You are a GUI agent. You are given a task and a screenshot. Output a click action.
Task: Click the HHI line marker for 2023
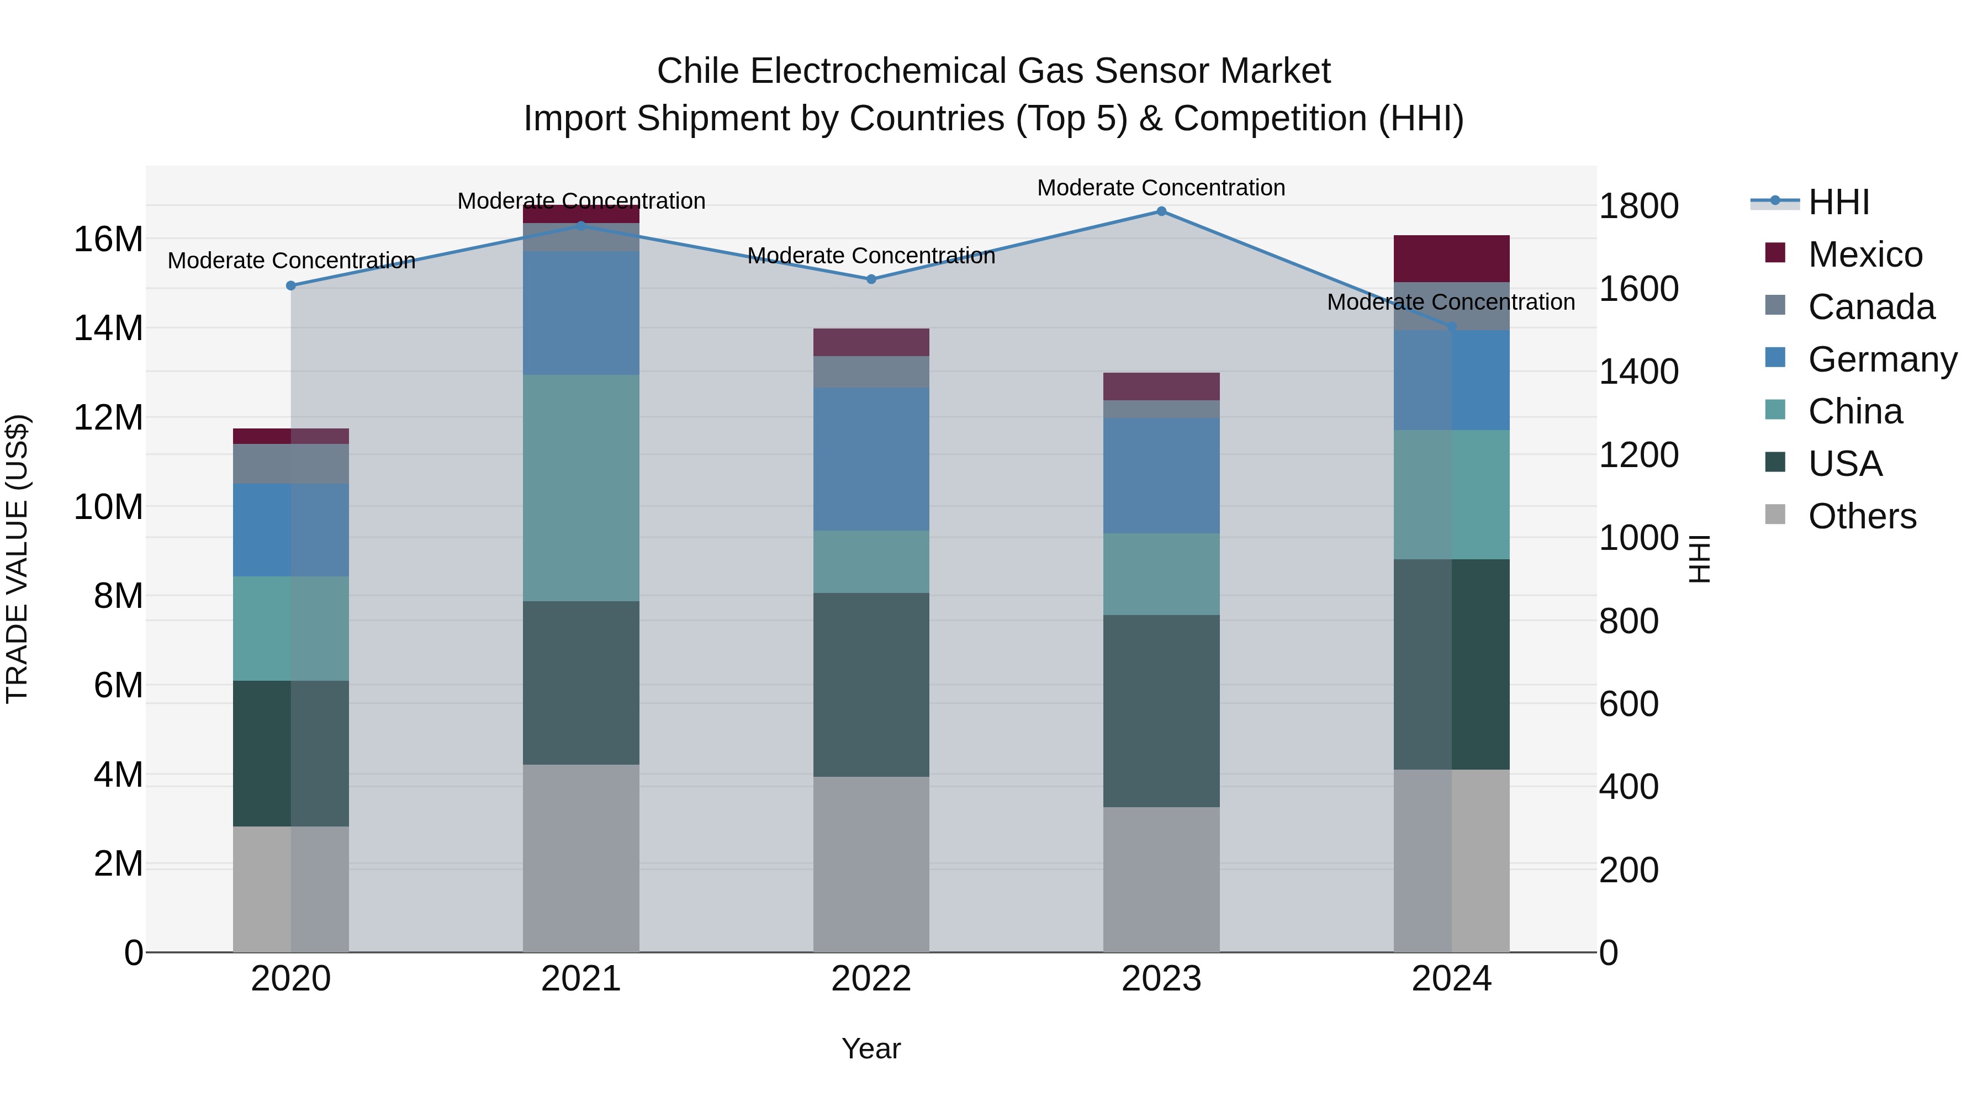coord(1161,211)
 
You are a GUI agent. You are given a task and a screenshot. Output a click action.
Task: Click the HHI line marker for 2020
coord(291,285)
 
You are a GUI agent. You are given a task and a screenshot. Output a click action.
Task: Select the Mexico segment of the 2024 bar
coord(1451,258)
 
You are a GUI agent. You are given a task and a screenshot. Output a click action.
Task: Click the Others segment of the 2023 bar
coord(1161,879)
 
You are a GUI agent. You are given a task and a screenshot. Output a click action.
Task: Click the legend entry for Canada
coord(1871,307)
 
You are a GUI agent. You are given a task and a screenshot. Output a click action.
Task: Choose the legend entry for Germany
coord(1881,359)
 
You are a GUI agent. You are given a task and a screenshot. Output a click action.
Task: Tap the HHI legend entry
coord(1838,202)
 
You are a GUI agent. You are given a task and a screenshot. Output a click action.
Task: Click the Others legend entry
coord(1862,516)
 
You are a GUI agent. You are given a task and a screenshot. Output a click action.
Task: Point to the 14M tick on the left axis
coord(108,328)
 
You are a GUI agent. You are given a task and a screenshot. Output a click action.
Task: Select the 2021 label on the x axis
coord(581,979)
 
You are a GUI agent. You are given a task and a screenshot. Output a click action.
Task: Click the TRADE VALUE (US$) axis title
coord(17,559)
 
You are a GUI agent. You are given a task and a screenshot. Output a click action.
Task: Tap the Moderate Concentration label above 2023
coord(1161,188)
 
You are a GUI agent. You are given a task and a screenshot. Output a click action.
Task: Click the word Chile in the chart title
coord(699,71)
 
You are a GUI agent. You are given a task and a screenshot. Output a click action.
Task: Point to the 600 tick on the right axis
coord(1629,704)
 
